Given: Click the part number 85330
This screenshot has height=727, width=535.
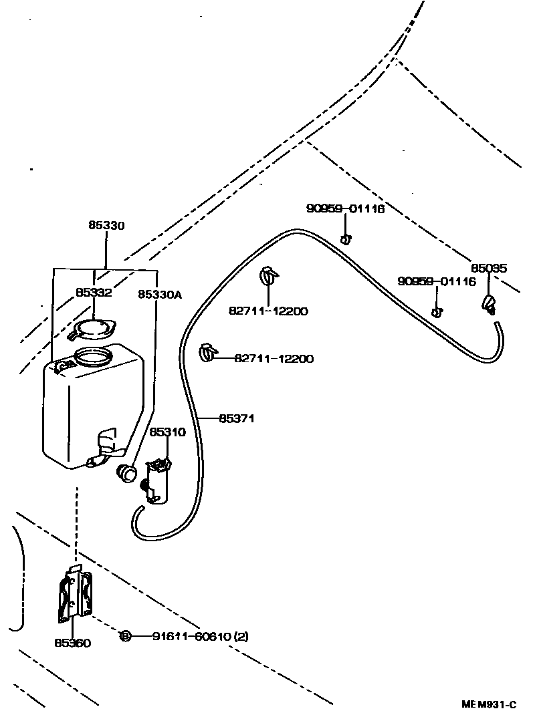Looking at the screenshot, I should click(106, 226).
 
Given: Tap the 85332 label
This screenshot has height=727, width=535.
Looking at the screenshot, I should click(93, 293).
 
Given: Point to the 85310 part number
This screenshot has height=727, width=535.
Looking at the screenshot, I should click(167, 432).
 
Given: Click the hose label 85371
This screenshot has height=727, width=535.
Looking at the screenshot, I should click(237, 419).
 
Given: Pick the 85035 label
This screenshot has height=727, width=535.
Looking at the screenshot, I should click(488, 269).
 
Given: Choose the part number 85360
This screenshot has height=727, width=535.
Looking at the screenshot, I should click(72, 643).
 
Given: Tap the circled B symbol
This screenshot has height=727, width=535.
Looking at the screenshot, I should click(125, 637).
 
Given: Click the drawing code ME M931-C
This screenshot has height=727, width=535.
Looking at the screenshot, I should click(489, 704).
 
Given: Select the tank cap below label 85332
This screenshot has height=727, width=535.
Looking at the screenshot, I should click(94, 328).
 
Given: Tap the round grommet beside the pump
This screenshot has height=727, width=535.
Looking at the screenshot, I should click(126, 472).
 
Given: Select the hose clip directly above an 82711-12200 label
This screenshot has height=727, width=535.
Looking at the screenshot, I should click(269, 275).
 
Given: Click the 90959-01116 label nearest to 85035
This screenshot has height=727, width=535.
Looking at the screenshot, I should click(436, 282).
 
